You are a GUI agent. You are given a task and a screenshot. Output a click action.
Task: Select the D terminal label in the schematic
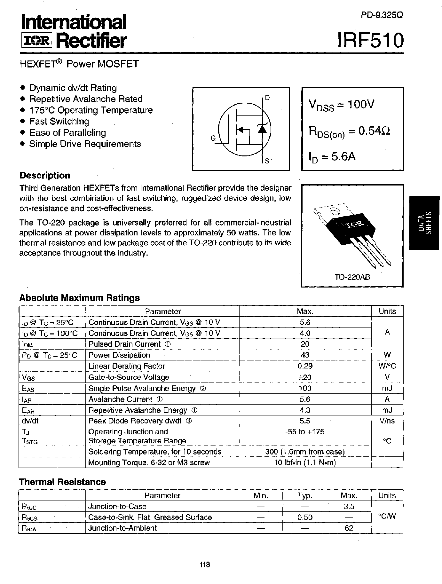click(x=267, y=98)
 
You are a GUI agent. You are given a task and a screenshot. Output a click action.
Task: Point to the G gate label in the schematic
click(x=213, y=138)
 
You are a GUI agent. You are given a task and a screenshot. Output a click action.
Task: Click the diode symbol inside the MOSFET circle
click(x=262, y=129)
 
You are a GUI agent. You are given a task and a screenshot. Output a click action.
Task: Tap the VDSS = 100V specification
click(x=341, y=105)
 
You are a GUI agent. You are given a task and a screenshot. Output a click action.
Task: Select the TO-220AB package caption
click(x=352, y=277)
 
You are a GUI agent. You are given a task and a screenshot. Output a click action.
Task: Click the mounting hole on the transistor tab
click(x=335, y=211)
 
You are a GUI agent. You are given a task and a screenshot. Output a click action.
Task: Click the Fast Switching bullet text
click(x=59, y=122)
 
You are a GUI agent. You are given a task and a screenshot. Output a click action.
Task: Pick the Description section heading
click(x=45, y=175)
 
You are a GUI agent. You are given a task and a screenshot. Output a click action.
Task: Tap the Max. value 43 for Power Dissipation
click(x=305, y=355)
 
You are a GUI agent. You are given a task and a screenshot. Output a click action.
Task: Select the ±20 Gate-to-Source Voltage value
click(x=305, y=377)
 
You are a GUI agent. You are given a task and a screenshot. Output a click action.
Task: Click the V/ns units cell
click(x=387, y=421)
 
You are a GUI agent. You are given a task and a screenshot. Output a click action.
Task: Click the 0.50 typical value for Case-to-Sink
click(x=304, y=517)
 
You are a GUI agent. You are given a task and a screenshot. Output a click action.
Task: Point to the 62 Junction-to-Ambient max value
click(x=349, y=528)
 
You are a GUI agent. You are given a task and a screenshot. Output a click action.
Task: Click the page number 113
click(x=204, y=564)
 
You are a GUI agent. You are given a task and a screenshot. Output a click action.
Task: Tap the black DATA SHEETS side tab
click(x=425, y=223)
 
